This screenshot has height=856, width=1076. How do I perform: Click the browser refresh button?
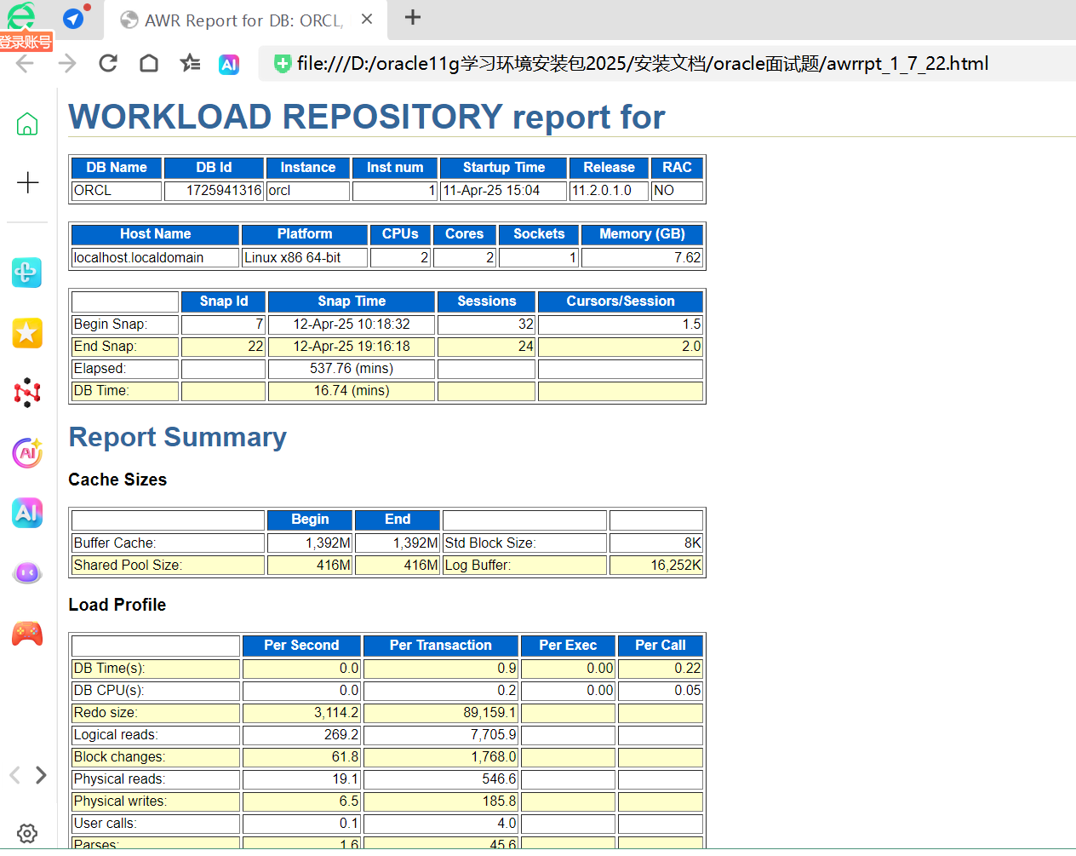click(108, 63)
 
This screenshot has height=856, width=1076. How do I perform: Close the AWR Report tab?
click(367, 19)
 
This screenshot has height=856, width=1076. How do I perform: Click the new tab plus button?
click(413, 18)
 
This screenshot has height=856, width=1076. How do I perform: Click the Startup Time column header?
click(503, 168)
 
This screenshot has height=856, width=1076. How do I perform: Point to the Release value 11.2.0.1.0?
click(602, 191)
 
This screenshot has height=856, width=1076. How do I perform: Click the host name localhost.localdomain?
click(139, 257)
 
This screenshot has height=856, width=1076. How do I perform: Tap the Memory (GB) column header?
click(642, 234)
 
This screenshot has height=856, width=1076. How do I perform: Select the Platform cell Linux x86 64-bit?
click(293, 257)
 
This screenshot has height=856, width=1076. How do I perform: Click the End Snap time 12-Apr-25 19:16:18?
click(352, 347)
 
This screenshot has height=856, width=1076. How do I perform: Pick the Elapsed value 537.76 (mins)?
click(352, 369)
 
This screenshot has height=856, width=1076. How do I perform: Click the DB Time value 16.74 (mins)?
click(352, 391)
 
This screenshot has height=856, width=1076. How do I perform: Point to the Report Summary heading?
click(177, 437)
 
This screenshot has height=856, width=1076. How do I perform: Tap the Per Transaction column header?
click(440, 646)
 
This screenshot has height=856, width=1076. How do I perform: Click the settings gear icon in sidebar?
click(27, 833)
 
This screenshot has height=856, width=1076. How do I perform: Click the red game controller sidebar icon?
click(27, 634)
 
